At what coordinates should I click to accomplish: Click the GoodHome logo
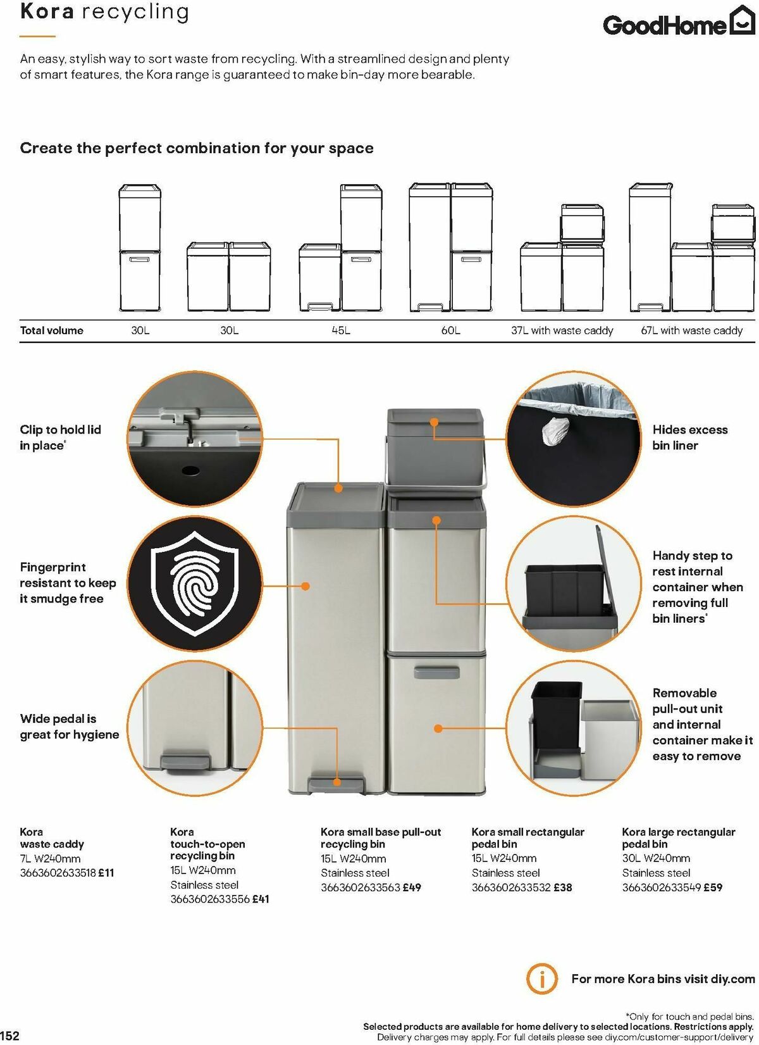[679, 23]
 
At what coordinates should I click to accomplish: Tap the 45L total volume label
[341, 330]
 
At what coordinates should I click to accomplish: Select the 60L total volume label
[450, 330]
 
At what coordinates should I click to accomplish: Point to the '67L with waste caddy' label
[691, 330]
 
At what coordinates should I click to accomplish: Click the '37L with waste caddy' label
[562, 330]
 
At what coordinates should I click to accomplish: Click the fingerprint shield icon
[195, 584]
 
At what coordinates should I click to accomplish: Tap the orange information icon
[542, 979]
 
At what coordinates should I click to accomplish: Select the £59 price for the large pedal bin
[713, 887]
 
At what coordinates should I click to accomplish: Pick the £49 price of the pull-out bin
[412, 887]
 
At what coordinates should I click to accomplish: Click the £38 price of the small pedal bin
[562, 887]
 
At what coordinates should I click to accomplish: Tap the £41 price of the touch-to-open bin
[261, 899]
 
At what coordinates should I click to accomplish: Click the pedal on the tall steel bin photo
[336, 785]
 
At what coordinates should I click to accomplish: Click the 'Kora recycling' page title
[104, 12]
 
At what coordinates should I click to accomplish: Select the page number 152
[10, 1036]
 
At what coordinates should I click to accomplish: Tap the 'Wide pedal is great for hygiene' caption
[70, 727]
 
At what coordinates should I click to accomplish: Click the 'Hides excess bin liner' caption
[690, 437]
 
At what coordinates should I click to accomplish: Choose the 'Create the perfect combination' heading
[197, 148]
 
